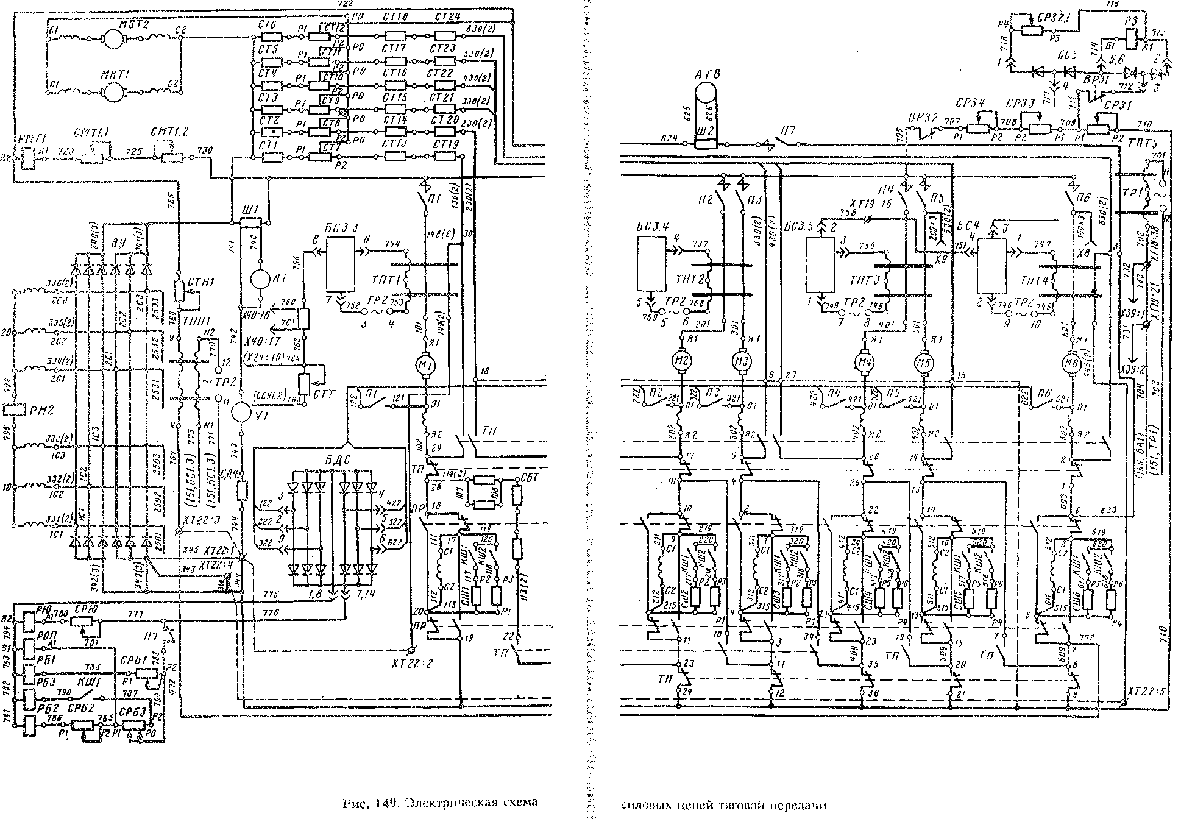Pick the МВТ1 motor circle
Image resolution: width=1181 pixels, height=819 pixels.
tap(112, 93)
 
